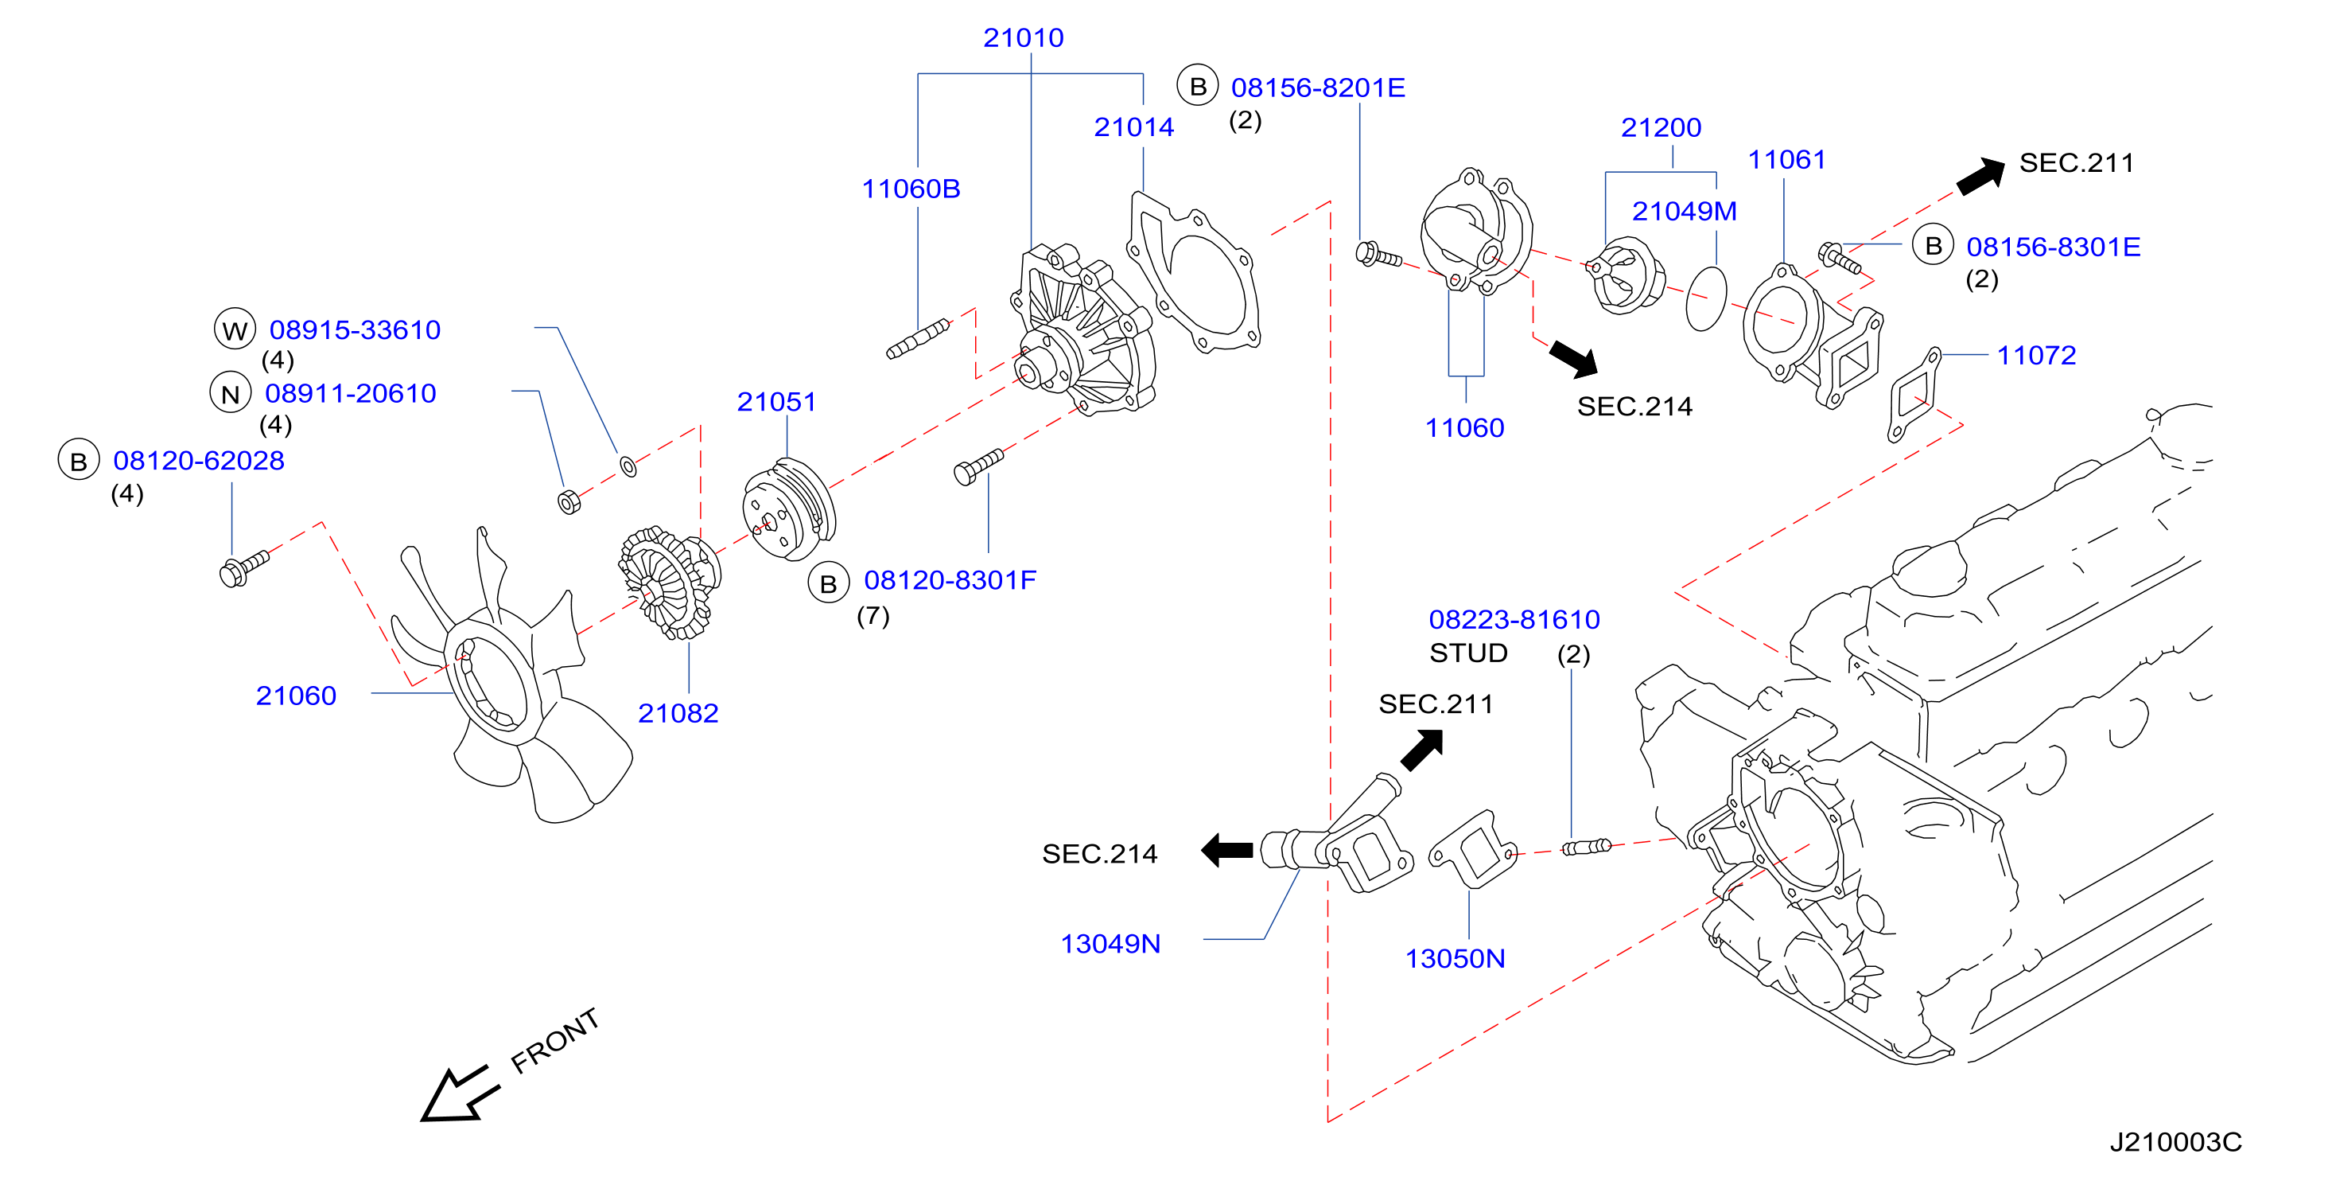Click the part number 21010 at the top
[1023, 38]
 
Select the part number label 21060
[296, 696]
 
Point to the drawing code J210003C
[2175, 1142]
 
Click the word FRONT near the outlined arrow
[555, 1041]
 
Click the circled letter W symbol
[235, 329]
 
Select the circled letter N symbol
[231, 394]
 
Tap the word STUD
[1468, 653]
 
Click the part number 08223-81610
[1514, 619]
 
